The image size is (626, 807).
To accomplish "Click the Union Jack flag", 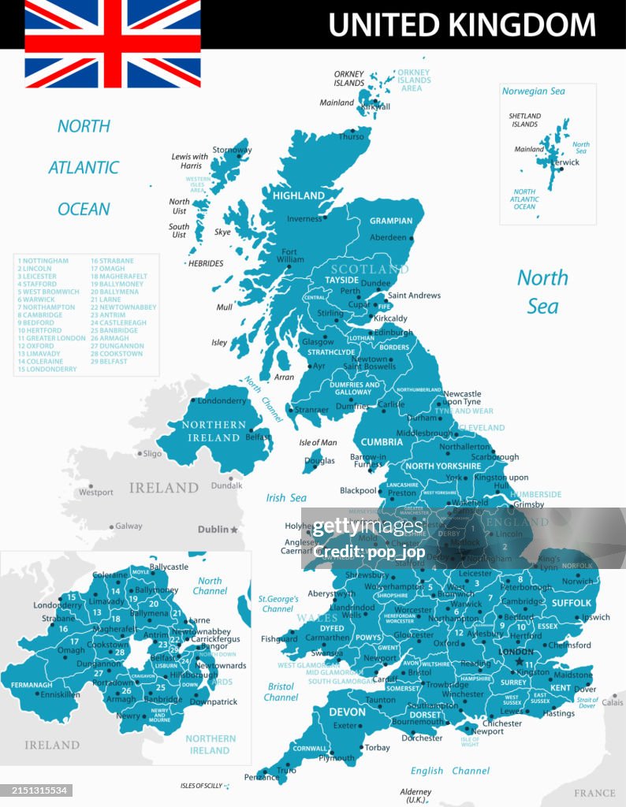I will tap(113, 43).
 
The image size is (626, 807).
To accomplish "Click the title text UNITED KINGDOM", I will tap(462, 24).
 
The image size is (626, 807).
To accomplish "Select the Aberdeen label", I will tap(388, 237).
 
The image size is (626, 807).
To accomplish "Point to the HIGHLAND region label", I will tap(299, 195).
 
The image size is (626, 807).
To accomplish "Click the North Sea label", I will tap(542, 292).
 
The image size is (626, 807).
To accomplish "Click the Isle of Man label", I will tap(319, 443).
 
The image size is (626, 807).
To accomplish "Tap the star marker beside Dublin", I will tap(233, 530).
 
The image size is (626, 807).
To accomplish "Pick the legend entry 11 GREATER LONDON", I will tap(51, 338).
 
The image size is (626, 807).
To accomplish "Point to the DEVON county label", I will tap(348, 712).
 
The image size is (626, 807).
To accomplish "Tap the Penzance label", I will tap(262, 777).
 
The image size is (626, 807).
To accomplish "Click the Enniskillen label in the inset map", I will tap(60, 695).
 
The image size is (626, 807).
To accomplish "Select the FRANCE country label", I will tap(594, 793).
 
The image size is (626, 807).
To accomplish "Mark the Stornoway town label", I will tap(232, 150).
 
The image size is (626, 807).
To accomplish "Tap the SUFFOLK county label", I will tap(572, 603).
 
